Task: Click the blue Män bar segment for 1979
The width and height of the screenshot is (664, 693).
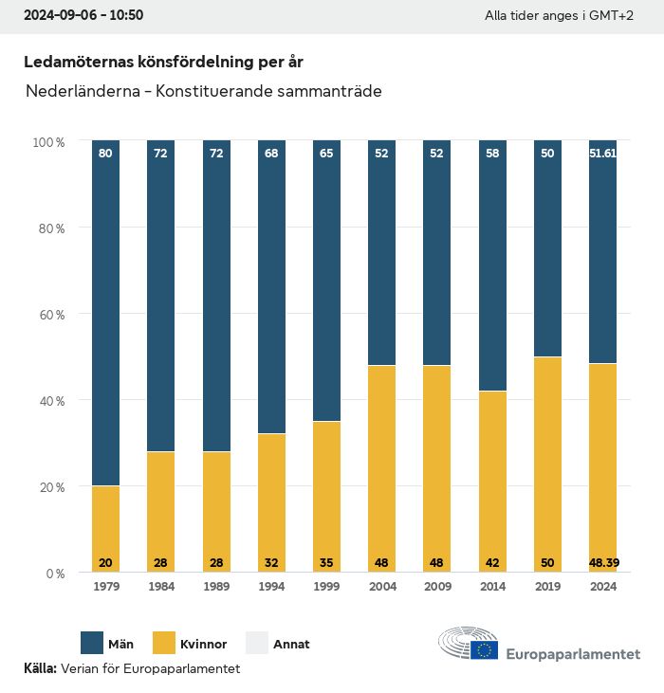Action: pos(105,313)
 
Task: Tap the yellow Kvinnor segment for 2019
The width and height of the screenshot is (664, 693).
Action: pos(547,465)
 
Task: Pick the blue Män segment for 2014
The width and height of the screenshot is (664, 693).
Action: pos(492,265)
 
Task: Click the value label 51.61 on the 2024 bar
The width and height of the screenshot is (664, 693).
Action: pos(602,153)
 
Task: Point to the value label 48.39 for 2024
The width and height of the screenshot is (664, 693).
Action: pos(602,562)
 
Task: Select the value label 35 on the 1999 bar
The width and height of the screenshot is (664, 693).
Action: pos(326,562)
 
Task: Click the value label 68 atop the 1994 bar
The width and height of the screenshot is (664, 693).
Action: pos(271,153)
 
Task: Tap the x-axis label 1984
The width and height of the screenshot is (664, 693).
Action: pos(160,587)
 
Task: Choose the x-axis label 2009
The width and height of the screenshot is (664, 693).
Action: pos(437,587)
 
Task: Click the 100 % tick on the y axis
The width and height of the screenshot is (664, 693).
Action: pos(47,141)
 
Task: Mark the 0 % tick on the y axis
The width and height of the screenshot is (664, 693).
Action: pos(52,574)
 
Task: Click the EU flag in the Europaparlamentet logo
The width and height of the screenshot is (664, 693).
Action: pos(485,649)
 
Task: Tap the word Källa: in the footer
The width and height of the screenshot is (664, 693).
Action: pos(40,668)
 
